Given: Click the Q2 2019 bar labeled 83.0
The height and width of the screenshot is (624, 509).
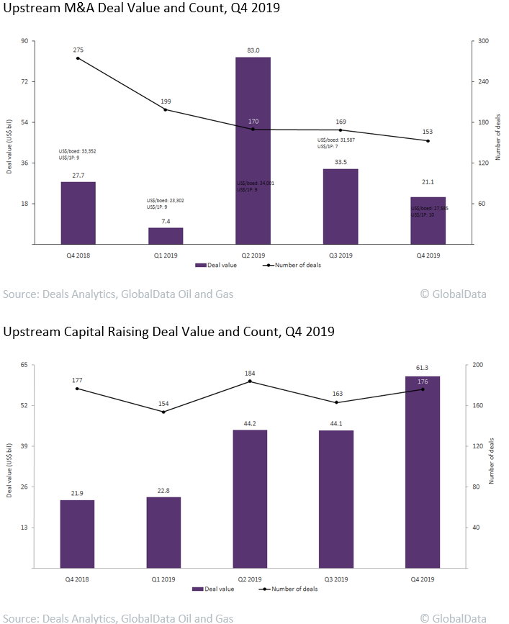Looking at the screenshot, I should (253, 150).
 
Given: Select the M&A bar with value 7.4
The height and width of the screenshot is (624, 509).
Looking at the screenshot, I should (166, 236).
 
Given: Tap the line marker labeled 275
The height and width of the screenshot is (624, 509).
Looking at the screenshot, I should (78, 58).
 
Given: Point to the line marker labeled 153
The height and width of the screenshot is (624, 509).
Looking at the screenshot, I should (428, 140).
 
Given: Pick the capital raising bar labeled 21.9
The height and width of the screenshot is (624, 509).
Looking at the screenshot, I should (77, 533).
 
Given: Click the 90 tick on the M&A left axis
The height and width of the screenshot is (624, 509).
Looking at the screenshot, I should (24, 41).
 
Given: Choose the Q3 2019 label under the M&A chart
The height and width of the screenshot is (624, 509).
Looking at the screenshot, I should (341, 255).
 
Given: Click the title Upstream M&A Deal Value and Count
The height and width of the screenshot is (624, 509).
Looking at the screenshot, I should (142, 9).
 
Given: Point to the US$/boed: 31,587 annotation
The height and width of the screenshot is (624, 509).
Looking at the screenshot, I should (337, 140).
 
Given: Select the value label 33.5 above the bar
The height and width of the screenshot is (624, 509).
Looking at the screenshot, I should (341, 162).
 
